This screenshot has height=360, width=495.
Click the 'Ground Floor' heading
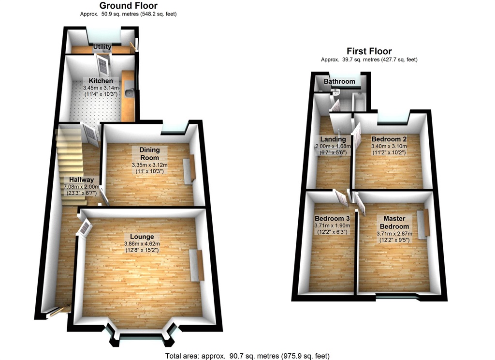coord(128,6)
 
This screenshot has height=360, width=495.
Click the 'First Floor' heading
coord(369,51)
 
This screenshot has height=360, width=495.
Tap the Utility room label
coord(102,47)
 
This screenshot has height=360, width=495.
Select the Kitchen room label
coord(101,81)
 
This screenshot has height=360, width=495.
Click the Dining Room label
coord(149,153)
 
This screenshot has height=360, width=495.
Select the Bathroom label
coord(339,81)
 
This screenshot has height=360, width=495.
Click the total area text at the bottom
coord(247,356)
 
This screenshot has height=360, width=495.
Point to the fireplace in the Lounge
coord(197,264)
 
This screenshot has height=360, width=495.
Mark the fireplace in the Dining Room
coord(189,167)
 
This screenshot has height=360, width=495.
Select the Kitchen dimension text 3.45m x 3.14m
coord(101,88)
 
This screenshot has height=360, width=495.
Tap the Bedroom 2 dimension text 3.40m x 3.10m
coord(389,146)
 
